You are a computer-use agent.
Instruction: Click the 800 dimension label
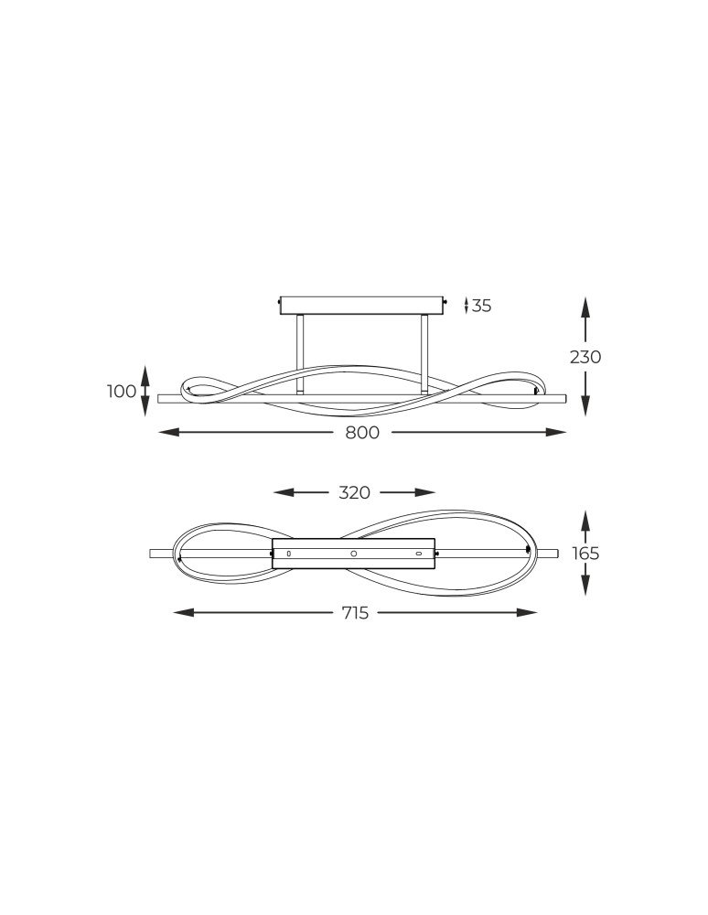362,433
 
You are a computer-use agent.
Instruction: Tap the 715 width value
355,613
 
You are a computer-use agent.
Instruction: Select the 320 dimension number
354,492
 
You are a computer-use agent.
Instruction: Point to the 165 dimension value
585,554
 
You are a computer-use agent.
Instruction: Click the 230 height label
585,357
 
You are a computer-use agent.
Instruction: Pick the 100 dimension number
122,392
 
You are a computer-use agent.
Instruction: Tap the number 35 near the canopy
482,306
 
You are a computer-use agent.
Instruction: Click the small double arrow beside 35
467,306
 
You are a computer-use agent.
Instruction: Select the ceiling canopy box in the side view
361,305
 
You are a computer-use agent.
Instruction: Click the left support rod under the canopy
299,354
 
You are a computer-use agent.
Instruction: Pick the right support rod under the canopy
424,354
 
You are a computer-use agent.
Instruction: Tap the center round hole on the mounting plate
354,554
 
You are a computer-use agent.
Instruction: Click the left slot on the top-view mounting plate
288,554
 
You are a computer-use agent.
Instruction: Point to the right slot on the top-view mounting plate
419,554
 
